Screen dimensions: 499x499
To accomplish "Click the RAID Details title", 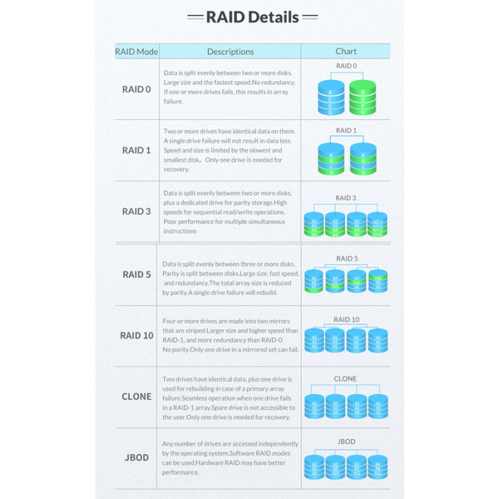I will [252, 17].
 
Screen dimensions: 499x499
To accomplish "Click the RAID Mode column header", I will [136, 51].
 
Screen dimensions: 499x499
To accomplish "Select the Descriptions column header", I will [230, 51].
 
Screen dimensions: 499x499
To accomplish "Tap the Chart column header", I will [346, 51].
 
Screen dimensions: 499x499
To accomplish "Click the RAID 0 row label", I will [136, 90].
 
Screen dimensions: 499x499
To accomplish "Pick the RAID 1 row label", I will [136, 150].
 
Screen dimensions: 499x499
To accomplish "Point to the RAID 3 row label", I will [136, 211].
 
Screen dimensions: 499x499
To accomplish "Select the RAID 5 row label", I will [137, 274].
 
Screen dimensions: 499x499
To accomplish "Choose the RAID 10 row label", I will [136, 335].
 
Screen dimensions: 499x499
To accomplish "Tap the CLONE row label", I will [136, 396].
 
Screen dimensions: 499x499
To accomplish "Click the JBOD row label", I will [136, 457].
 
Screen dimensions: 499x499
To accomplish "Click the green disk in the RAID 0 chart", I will [363, 98].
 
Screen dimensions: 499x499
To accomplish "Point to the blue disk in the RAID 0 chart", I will [330, 98].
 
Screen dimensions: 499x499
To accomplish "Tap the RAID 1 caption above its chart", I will [346, 131].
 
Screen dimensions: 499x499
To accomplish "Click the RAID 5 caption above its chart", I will [346, 259].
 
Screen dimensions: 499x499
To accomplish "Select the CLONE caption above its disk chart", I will [346, 379].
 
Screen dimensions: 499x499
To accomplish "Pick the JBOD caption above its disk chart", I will [346, 442].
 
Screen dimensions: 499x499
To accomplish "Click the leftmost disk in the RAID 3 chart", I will [314, 224].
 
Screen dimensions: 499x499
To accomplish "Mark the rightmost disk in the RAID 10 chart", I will [377, 341].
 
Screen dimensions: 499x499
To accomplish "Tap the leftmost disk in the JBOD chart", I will [314, 465].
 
